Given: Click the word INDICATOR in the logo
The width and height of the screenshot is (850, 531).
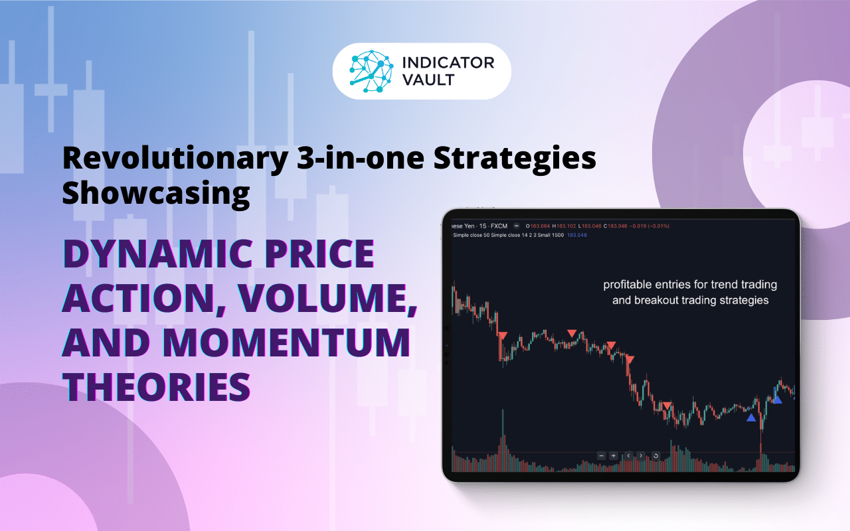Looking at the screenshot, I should [449, 64].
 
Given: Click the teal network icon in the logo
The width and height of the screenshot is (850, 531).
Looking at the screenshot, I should [373, 71].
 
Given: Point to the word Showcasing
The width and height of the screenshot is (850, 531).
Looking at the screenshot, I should [156, 192].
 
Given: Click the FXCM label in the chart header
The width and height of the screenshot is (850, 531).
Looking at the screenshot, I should [497, 226].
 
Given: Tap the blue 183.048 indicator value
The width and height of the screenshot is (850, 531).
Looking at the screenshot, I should [577, 235].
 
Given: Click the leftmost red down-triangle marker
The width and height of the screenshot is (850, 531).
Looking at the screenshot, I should [503, 337].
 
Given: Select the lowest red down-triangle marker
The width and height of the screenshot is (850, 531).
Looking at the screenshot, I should [667, 406].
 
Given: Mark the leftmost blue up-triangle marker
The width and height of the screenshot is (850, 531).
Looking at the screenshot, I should [751, 417].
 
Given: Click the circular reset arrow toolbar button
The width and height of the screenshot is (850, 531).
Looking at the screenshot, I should [655, 456].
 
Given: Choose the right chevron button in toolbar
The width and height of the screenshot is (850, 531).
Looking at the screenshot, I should [641, 456].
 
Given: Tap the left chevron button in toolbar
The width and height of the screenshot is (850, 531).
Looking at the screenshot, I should [628, 456].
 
